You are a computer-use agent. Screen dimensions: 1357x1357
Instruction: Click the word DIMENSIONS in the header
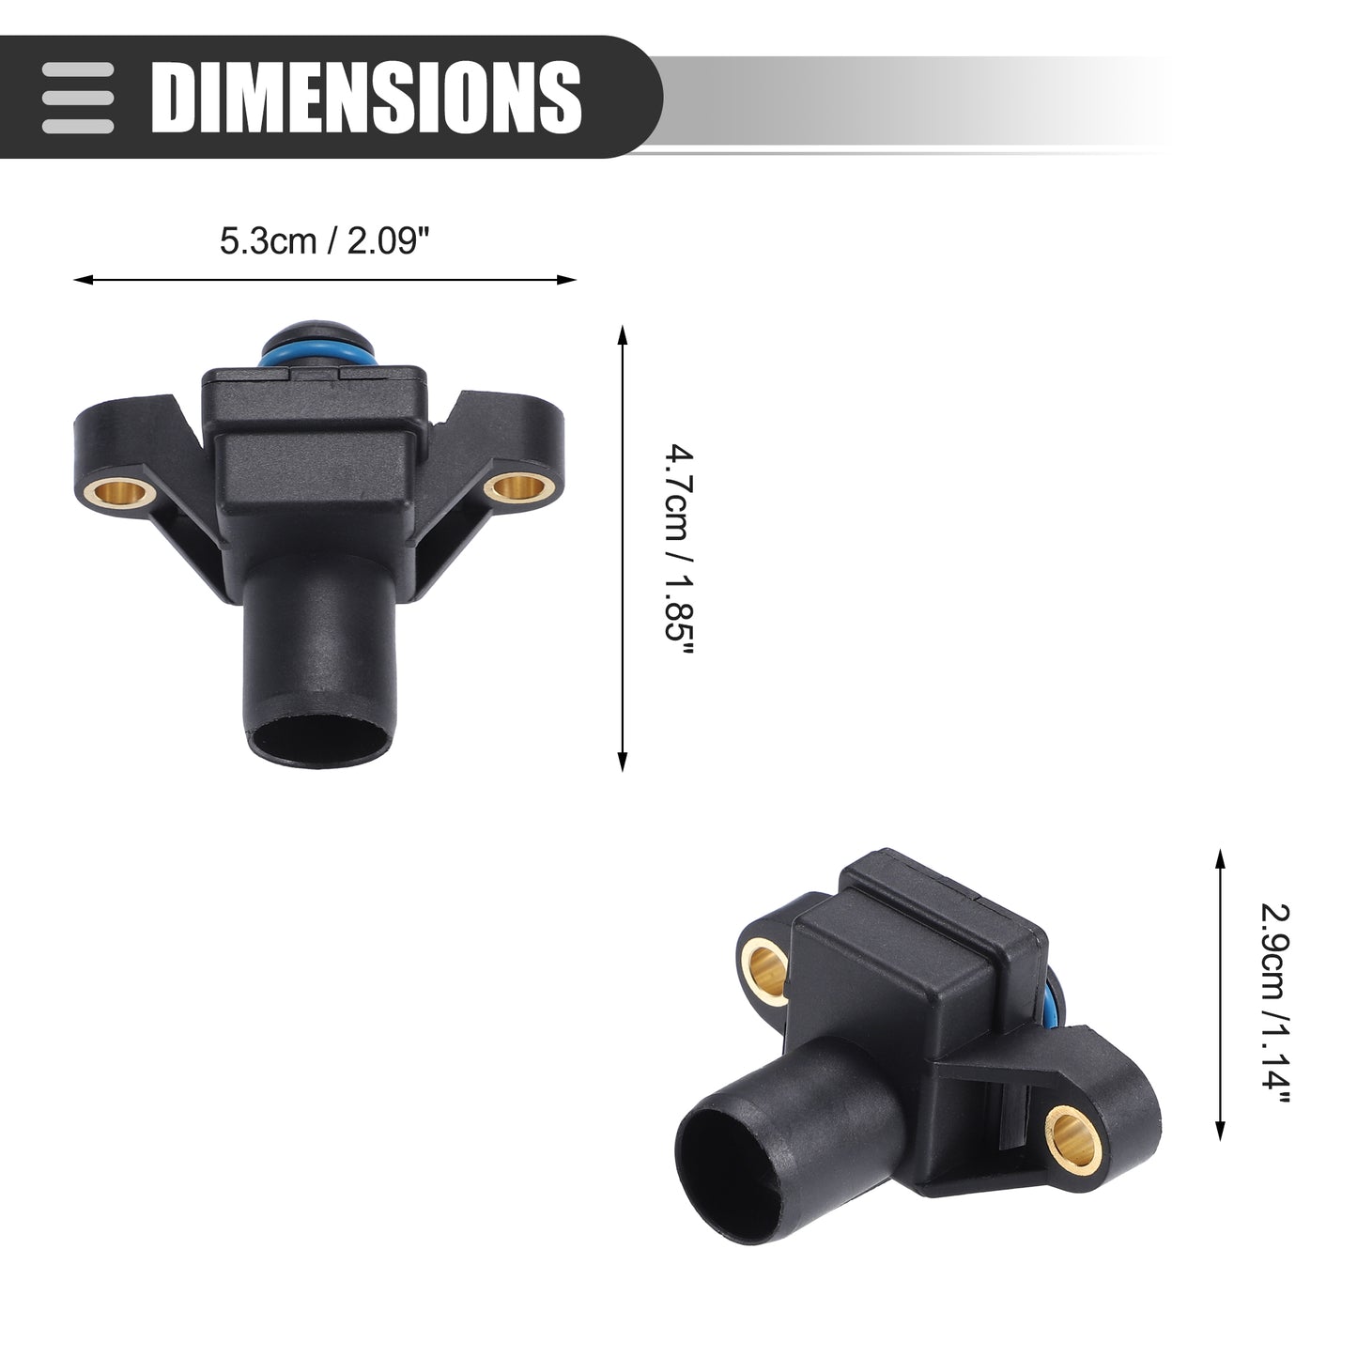pyautogui.click(x=366, y=97)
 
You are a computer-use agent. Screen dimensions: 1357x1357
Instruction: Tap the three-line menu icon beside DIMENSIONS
pyautogui.click(x=77, y=98)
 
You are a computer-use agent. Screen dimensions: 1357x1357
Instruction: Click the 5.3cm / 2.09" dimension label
pyautogui.click(x=324, y=241)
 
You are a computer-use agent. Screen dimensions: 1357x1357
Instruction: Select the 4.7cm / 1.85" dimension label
pyautogui.click(x=680, y=550)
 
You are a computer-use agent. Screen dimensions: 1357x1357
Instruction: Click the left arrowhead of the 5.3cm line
pyautogui.click(x=83, y=280)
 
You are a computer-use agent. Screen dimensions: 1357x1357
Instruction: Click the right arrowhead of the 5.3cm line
pyautogui.click(x=567, y=280)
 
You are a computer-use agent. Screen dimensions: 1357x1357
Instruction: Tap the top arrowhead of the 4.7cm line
pyautogui.click(x=622, y=333)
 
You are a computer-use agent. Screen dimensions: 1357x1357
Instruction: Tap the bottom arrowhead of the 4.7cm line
pyautogui.click(x=622, y=762)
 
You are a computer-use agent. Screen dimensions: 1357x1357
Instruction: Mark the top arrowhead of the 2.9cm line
pyautogui.click(x=1221, y=858)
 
